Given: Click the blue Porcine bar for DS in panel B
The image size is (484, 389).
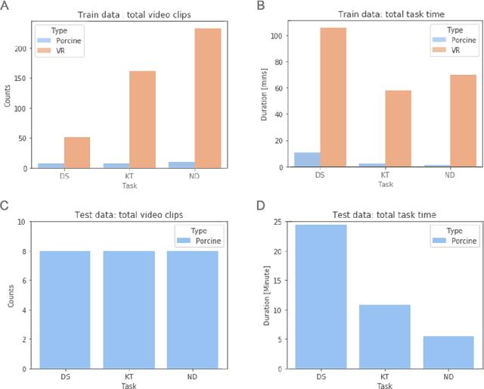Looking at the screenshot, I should tap(307, 160).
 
